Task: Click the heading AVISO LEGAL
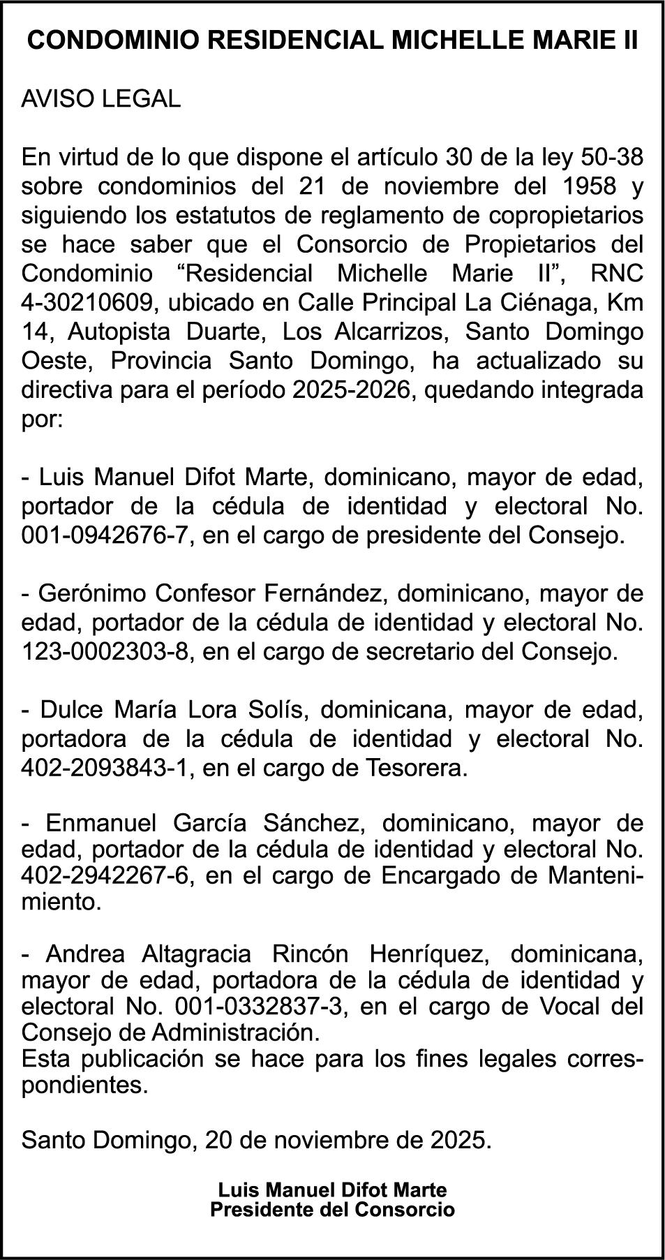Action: point(101,99)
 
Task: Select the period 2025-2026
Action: point(351,390)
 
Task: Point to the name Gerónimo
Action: point(91,593)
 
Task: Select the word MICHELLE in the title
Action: point(458,41)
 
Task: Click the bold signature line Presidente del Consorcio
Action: point(332,1209)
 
